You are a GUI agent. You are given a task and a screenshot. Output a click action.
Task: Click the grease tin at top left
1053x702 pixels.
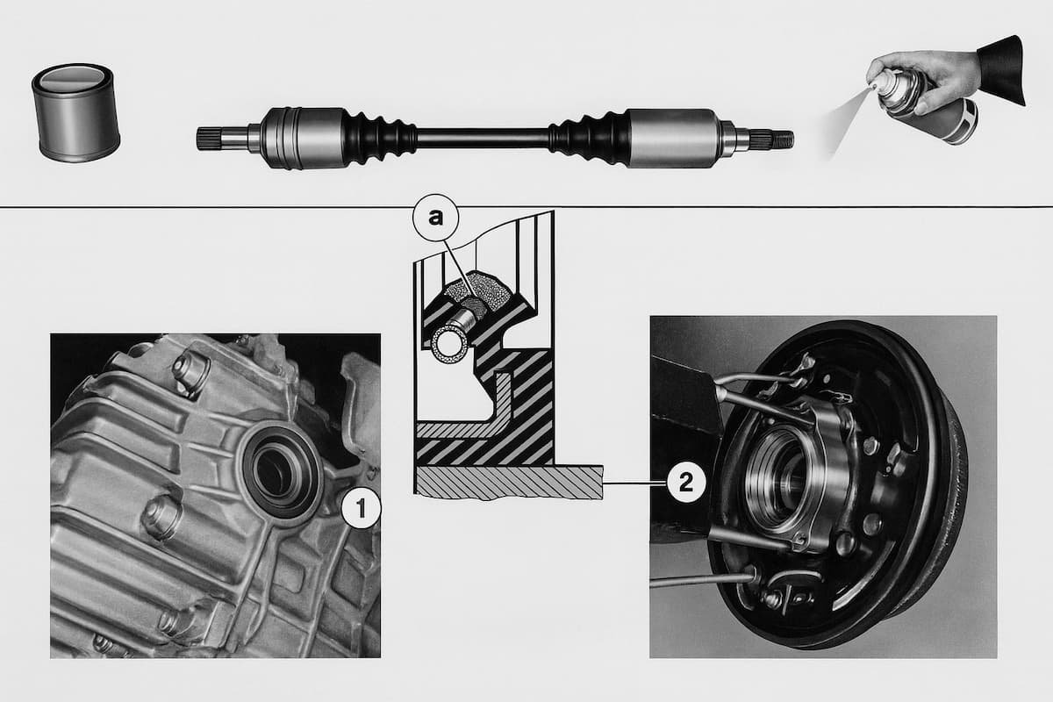[x=75, y=113]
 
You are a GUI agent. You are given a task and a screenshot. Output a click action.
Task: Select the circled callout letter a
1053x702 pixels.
[x=436, y=218]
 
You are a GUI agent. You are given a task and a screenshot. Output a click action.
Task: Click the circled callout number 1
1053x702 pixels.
[x=361, y=508]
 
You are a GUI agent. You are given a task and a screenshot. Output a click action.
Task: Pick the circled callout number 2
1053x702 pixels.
[x=686, y=483]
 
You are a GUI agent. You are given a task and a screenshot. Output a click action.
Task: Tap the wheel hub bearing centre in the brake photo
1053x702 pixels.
[x=780, y=480]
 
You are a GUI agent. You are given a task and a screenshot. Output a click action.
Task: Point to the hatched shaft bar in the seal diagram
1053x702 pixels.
[x=509, y=482]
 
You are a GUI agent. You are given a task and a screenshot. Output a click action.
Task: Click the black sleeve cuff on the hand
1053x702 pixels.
[x=1002, y=70]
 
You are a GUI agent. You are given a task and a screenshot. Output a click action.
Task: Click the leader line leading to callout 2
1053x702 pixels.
[x=634, y=483]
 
